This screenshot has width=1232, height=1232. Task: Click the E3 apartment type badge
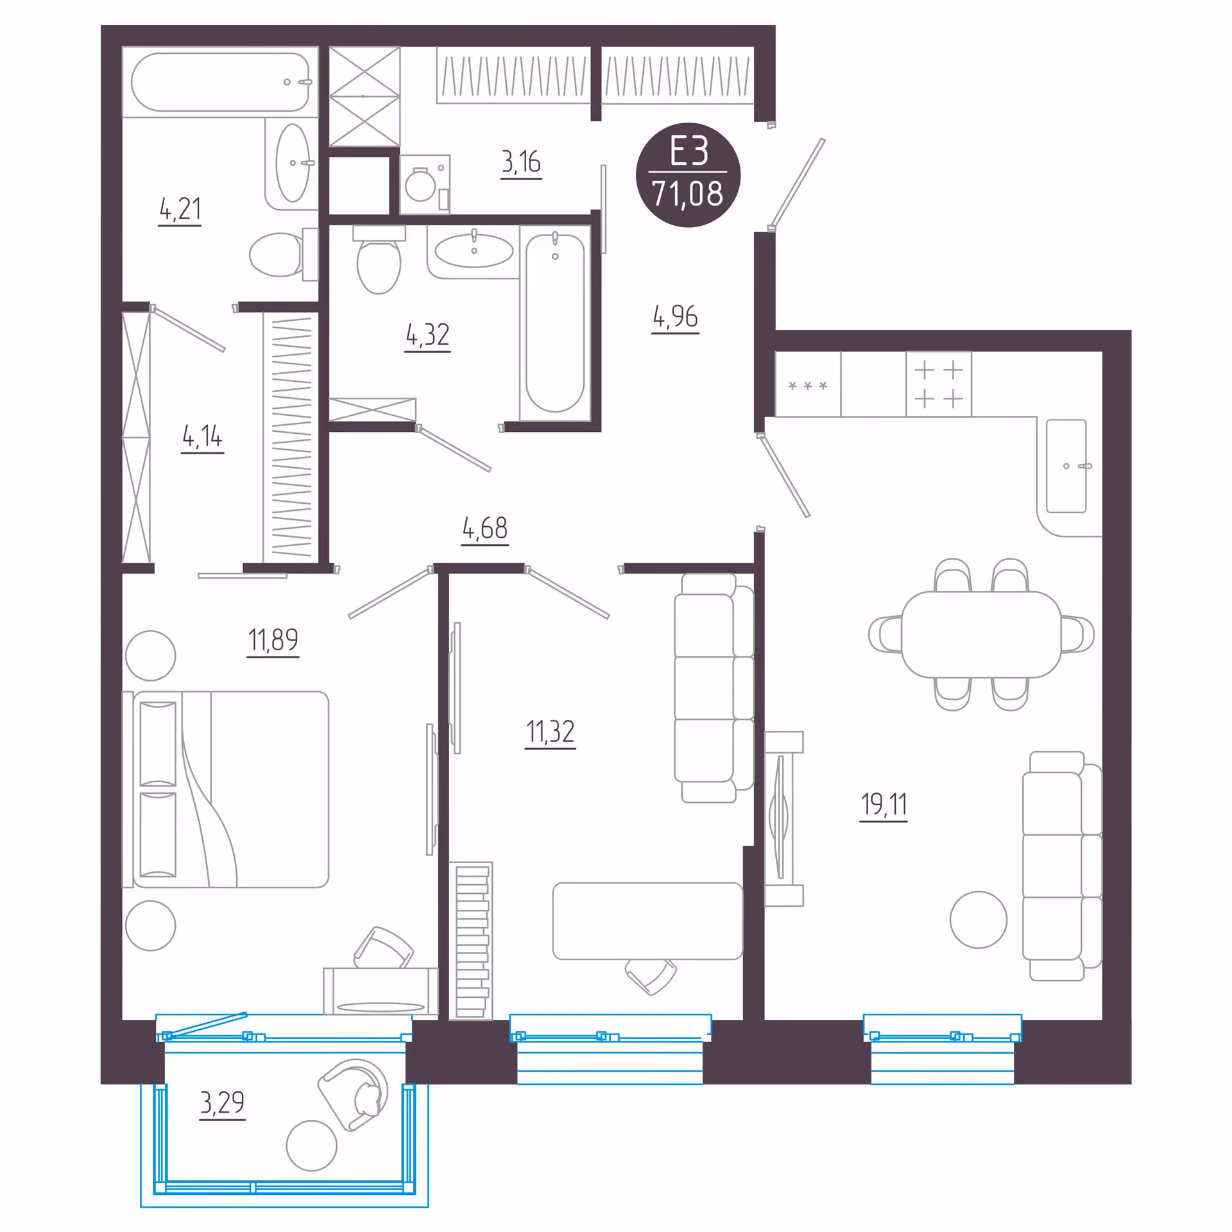pyautogui.click(x=688, y=175)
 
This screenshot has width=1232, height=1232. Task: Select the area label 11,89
pyautogui.click(x=273, y=640)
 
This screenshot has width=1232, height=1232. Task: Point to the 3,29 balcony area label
pyautogui.click(x=222, y=1102)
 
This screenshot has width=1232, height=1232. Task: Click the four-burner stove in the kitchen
pyautogui.click(x=938, y=384)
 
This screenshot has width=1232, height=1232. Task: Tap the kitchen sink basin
pyautogui.click(x=1066, y=466)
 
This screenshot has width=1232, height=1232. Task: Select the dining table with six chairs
pyautogui.click(x=981, y=635)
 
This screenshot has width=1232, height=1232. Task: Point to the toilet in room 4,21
pyautogui.click(x=284, y=255)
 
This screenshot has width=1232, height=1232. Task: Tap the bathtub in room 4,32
pyautogui.click(x=555, y=323)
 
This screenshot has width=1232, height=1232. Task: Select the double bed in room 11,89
pyautogui.click(x=226, y=789)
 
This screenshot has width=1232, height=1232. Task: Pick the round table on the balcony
pyautogui.click(x=312, y=1145)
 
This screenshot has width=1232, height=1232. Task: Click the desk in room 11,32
pyautogui.click(x=647, y=921)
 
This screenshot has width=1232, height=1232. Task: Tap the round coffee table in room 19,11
pyautogui.click(x=979, y=920)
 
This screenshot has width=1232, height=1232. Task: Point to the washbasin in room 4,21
pyautogui.click(x=293, y=163)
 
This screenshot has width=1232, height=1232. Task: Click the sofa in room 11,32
pyautogui.click(x=714, y=688)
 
